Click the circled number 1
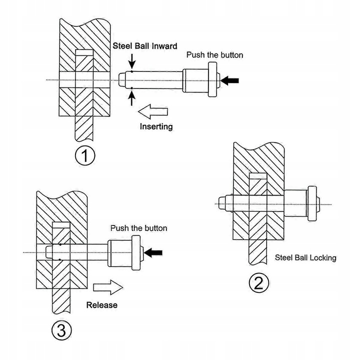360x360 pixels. [85, 155]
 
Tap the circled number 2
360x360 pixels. [259, 283]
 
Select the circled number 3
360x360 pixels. [61, 330]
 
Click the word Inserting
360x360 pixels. [156, 126]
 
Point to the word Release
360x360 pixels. [102, 305]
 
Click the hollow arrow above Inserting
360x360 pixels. [153, 111]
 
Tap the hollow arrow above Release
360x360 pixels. [108, 287]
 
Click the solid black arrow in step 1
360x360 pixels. [229, 80]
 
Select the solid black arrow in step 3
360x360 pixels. [153, 253]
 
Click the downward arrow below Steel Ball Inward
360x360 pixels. [132, 61]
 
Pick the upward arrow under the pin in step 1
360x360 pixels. [131, 98]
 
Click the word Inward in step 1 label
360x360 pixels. [164, 46]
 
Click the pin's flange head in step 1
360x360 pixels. [212, 79]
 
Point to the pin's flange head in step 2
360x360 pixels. [312, 203]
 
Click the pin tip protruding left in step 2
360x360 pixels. [222, 203]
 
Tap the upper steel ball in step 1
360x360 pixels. [132, 71]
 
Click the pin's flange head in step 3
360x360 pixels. [136, 252]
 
